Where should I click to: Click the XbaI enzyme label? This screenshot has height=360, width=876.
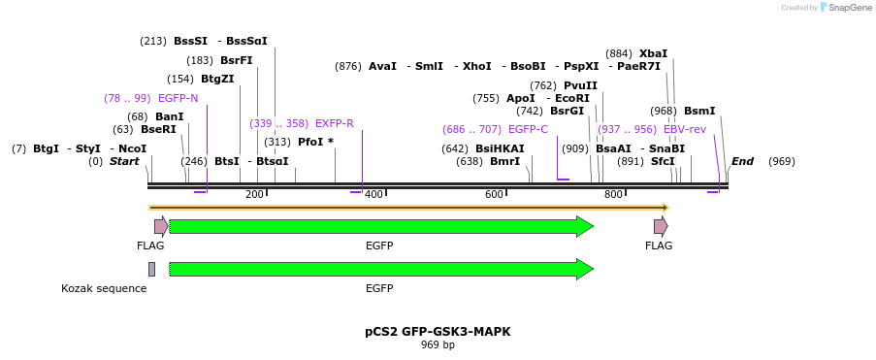[653, 53]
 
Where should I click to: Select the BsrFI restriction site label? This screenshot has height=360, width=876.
[236, 60]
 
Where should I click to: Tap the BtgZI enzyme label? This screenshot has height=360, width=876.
[217, 79]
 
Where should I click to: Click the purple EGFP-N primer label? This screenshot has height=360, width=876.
[178, 98]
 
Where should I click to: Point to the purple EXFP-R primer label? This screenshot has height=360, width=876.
[335, 123]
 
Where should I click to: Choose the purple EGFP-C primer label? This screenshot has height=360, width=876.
[528, 129]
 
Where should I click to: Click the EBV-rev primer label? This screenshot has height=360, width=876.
[685, 129]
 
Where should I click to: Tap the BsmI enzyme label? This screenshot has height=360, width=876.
[699, 111]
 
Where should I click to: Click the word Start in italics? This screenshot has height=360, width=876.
[124, 161]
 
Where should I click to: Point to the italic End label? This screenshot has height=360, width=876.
[742, 161]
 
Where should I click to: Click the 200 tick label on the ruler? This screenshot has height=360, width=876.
[254, 195]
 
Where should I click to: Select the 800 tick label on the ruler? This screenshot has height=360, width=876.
[613, 195]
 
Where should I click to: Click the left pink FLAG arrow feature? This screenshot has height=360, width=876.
[160, 226]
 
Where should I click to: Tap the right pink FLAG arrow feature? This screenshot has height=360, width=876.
[660, 226]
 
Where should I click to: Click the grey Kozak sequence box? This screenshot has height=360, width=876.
[151, 269]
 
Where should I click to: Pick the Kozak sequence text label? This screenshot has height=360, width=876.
[104, 288]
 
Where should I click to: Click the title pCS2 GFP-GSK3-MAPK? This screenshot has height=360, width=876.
[438, 331]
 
